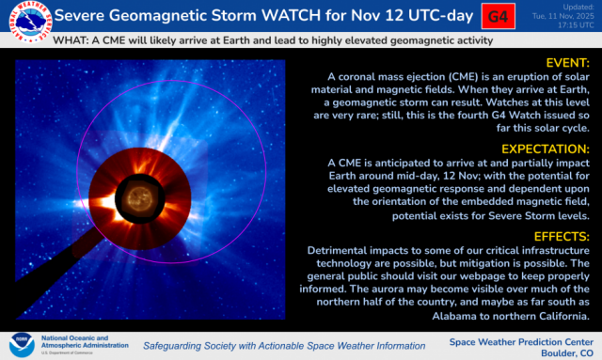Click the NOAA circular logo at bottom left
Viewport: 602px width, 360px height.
coord(21,344)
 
